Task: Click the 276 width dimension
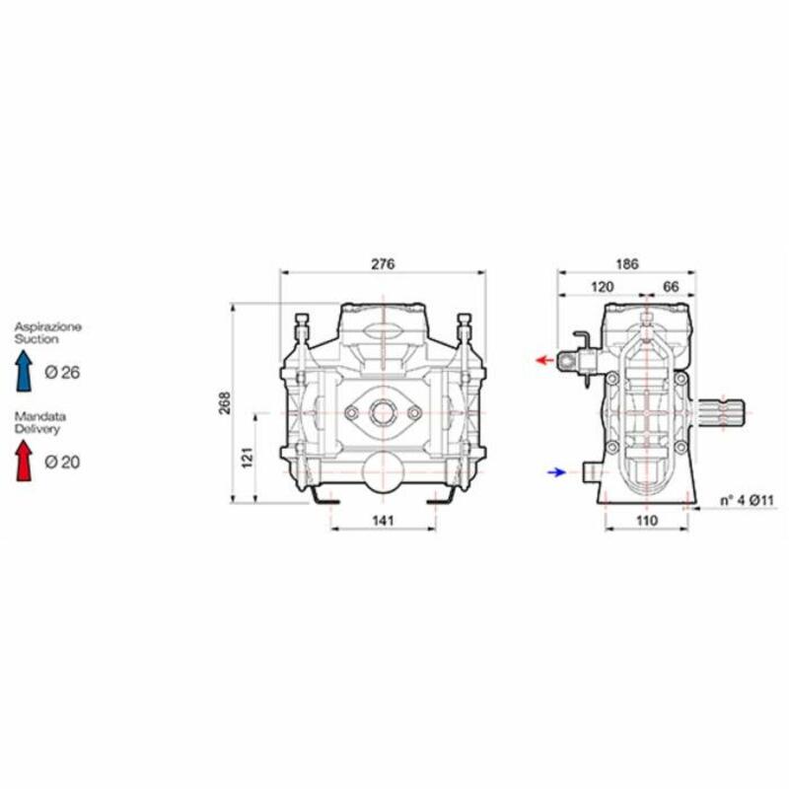tap(383, 264)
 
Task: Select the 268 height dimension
tap(225, 402)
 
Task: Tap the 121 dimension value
tap(248, 458)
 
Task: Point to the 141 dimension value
tap(383, 521)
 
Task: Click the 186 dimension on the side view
tap(627, 263)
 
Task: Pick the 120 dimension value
tap(602, 287)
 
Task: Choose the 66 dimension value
tap(671, 287)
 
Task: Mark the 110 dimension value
tap(647, 521)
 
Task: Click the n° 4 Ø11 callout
tap(747, 501)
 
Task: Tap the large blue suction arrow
tap(24, 371)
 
